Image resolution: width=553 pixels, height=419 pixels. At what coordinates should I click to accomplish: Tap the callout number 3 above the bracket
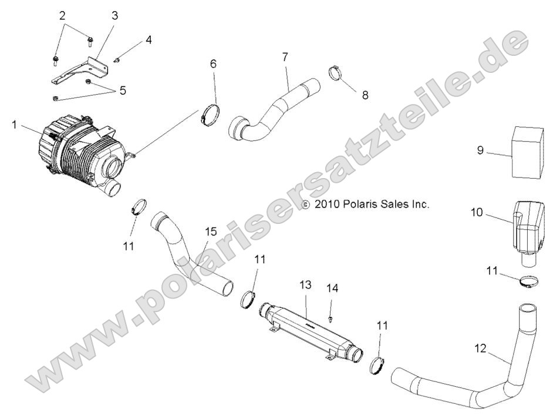tap(114, 15)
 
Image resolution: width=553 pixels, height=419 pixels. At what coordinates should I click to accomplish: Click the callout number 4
tap(149, 40)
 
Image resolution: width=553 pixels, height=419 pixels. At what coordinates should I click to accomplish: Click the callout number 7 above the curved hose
tap(285, 56)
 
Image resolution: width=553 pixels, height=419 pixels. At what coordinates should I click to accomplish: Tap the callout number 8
tap(365, 94)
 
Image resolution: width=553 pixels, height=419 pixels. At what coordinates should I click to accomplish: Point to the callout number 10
tap(476, 212)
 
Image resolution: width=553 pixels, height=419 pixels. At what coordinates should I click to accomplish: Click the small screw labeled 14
tap(332, 318)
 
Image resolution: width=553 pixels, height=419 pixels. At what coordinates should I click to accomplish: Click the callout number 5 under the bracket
tap(123, 90)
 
